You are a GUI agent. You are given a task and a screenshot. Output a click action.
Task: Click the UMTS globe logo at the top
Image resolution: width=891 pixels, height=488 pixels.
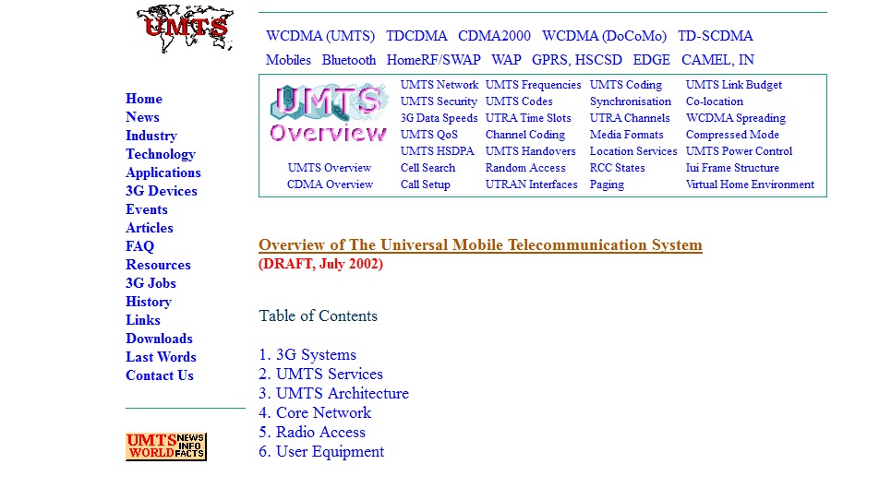185,29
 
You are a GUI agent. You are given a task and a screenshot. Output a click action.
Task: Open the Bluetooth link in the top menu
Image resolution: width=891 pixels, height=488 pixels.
348,60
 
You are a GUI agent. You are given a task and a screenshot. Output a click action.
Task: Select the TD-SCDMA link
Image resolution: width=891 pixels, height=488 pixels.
715,36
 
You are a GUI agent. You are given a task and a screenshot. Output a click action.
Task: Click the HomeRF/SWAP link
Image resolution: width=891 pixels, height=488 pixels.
433,60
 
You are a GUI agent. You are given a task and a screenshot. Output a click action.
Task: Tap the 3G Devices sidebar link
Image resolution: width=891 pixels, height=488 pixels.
162,191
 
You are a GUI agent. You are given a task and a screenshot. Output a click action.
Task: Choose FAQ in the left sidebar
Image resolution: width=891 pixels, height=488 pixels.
140,246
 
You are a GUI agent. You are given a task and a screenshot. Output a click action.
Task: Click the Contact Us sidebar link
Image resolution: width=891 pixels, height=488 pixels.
160,375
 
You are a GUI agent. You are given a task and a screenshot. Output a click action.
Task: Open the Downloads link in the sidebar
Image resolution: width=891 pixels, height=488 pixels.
159,339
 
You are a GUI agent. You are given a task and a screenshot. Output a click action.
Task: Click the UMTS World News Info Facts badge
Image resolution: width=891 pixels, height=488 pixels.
166,446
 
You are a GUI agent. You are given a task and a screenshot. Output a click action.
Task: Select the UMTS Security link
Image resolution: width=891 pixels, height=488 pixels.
439,101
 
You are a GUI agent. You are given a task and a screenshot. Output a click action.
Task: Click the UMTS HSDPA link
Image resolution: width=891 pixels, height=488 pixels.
437,151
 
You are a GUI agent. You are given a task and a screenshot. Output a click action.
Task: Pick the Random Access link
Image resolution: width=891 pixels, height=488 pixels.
525,168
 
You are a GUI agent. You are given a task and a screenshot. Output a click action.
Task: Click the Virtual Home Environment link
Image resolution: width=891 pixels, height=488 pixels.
750,184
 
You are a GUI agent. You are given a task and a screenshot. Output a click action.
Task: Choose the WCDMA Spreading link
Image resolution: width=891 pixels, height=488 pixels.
736,118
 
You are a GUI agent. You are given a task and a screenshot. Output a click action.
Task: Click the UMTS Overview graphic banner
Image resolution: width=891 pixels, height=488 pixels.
329,114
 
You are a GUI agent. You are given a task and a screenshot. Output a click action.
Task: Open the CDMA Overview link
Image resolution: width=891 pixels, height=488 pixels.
330,184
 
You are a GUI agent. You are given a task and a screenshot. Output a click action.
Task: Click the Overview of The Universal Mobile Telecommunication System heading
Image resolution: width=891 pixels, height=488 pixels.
480,245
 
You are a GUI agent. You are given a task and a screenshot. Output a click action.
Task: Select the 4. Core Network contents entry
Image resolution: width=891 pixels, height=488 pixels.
315,412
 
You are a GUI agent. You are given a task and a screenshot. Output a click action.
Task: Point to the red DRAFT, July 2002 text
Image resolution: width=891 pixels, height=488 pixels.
320,264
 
